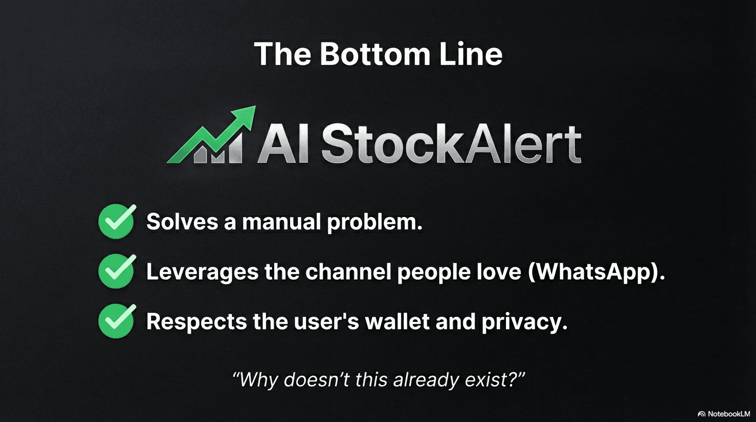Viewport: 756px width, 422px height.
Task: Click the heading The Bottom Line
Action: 378,54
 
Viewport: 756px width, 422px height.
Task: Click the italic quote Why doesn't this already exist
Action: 379,379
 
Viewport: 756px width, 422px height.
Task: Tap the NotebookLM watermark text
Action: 729,414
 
